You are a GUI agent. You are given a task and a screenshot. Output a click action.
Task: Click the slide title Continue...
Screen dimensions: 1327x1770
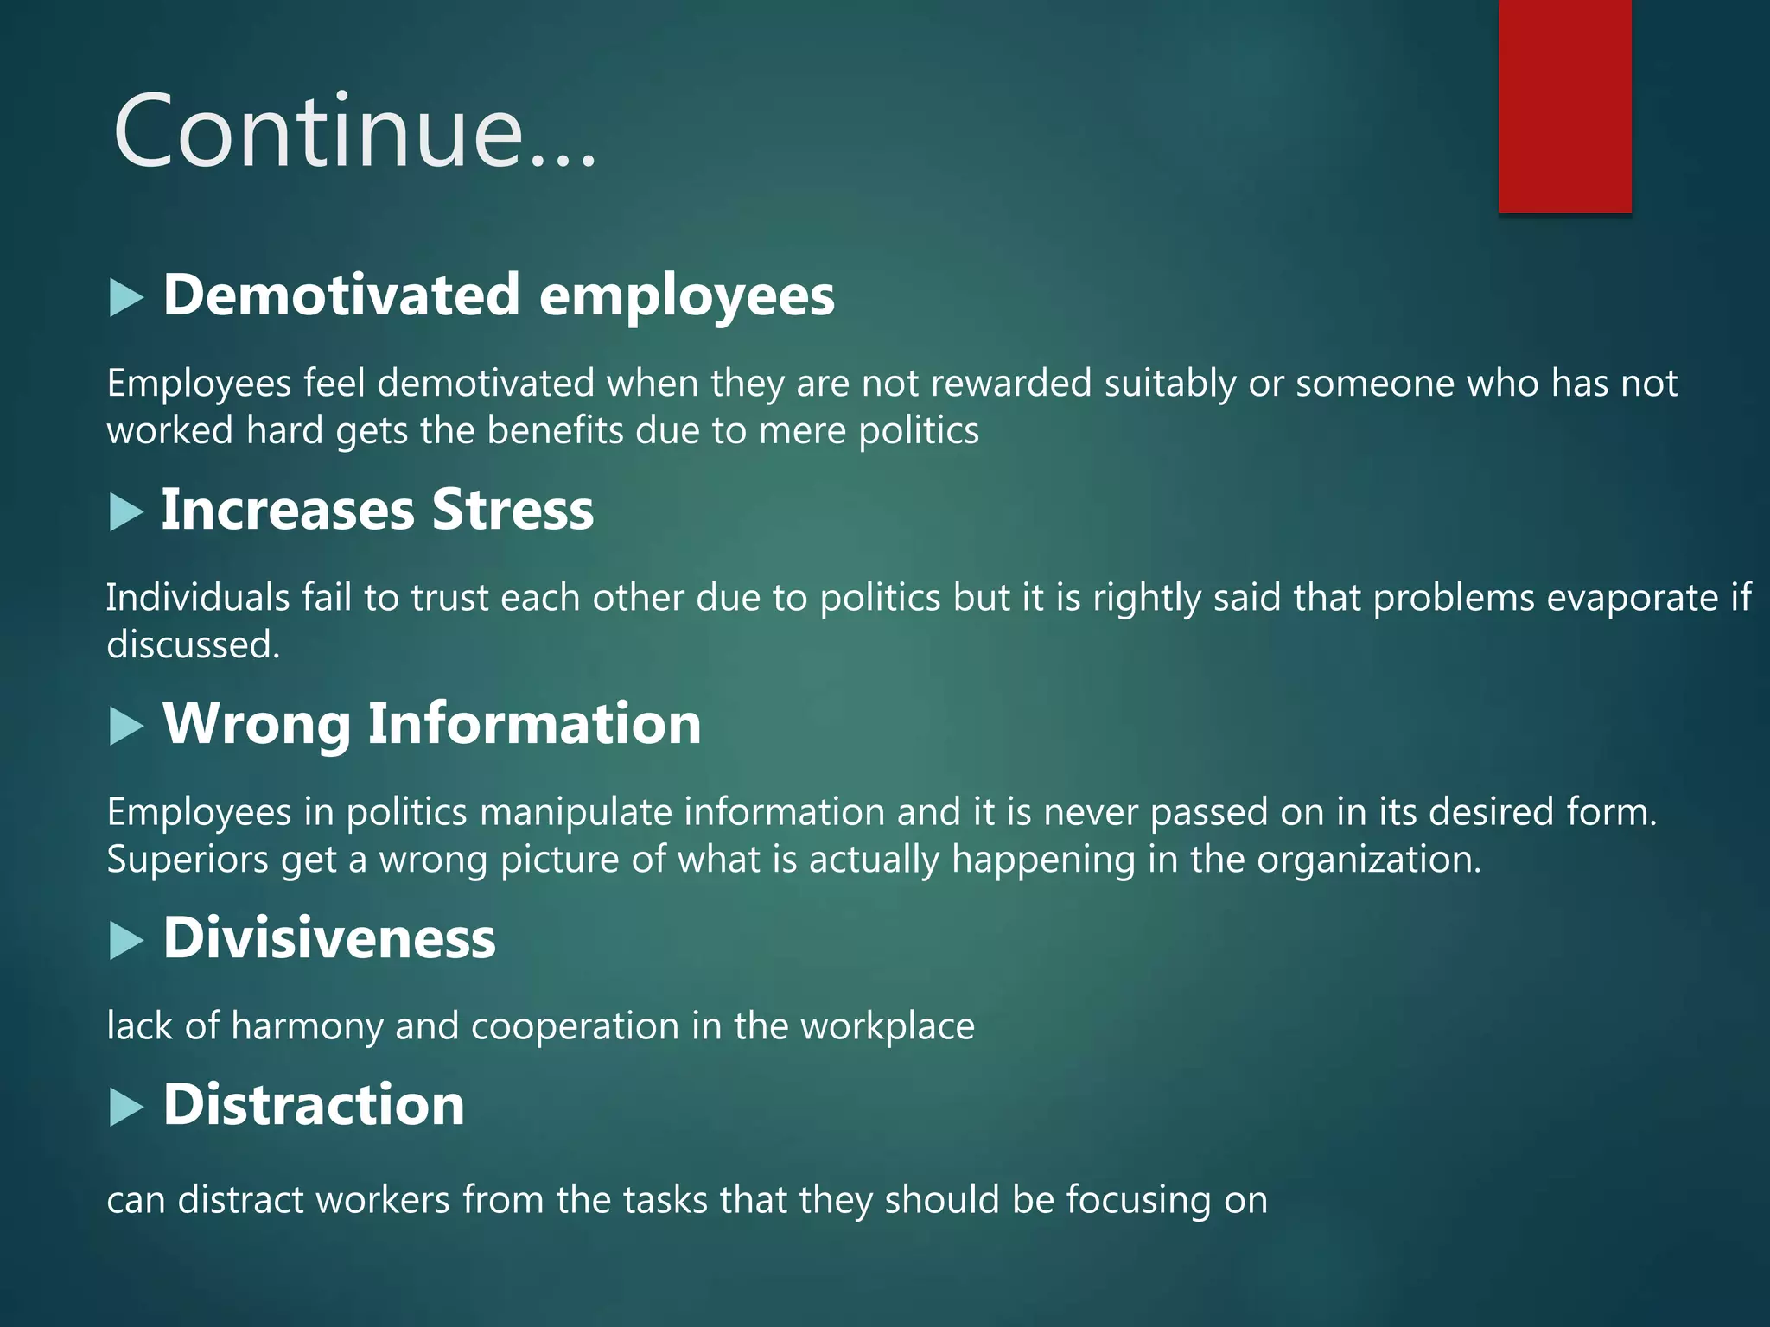(x=354, y=131)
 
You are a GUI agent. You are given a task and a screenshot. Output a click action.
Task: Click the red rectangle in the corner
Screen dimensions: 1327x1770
(x=1564, y=105)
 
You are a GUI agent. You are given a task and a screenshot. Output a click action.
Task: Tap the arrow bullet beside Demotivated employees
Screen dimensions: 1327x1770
(x=126, y=299)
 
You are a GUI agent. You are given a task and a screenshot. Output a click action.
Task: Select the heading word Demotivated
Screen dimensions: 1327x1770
(x=341, y=295)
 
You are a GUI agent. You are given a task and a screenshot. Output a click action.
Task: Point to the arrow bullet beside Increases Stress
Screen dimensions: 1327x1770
(x=126, y=512)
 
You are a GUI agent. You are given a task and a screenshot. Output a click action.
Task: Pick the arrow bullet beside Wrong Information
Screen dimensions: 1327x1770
(x=126, y=727)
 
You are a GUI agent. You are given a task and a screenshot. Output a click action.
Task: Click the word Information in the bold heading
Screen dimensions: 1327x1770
(x=534, y=723)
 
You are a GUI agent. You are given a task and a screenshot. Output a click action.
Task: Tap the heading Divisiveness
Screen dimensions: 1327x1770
(x=329, y=938)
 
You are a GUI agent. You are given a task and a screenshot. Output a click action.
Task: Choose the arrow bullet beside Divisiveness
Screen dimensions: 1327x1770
(x=126, y=941)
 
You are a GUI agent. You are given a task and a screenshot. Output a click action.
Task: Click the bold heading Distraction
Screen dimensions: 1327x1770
(x=314, y=1105)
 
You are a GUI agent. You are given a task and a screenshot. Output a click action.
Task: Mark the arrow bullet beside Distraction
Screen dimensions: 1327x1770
(x=126, y=1108)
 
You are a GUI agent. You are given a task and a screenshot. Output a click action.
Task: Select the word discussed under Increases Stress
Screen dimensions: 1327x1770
(x=192, y=644)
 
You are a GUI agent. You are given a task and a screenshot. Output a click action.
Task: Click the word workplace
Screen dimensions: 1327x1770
(x=888, y=1026)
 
